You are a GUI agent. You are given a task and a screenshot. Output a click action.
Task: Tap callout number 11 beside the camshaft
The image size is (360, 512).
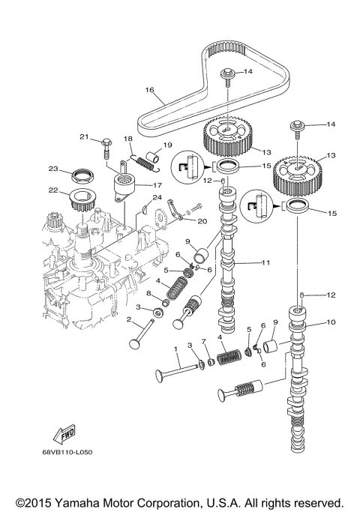265,262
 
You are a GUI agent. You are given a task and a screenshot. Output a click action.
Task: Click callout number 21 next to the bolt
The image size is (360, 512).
85,137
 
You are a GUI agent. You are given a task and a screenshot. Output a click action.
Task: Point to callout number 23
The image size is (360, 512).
54,169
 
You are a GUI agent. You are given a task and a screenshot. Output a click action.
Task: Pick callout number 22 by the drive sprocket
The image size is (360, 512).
54,190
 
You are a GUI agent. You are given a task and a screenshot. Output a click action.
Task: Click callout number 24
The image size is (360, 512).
157,198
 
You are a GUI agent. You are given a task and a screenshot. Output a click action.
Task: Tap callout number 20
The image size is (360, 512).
202,221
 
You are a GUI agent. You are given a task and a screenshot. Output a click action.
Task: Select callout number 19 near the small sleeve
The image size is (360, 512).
168,145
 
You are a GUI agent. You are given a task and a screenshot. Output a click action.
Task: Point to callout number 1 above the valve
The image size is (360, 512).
176,349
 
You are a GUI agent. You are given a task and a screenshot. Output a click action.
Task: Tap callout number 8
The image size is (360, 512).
149,293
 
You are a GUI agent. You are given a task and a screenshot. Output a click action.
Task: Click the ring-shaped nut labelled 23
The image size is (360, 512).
80,177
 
